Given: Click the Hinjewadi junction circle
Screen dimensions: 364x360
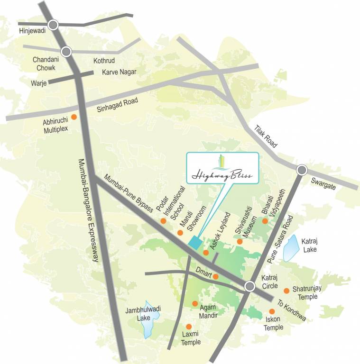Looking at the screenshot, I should (x=53, y=24).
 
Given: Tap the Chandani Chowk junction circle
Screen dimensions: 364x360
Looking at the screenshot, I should (x=66, y=50).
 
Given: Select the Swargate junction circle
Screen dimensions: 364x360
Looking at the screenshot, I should (x=302, y=170).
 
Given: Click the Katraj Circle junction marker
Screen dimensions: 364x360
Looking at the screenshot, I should (x=250, y=286).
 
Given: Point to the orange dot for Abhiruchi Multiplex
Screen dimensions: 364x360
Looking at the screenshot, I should (x=74, y=117).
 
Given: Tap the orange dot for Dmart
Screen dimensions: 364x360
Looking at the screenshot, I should (x=216, y=276).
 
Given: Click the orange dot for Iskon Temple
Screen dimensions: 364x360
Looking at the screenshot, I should (x=272, y=311).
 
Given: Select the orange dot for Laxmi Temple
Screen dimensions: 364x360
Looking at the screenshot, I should (x=189, y=327).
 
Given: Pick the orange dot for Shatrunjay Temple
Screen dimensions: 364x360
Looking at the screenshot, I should (x=286, y=291).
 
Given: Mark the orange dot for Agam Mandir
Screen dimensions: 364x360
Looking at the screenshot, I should (x=194, y=303).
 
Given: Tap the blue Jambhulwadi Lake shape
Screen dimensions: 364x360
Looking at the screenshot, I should (x=148, y=319).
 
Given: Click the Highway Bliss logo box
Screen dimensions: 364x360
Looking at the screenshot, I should (x=222, y=169).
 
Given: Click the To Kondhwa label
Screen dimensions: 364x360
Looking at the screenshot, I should (x=291, y=310).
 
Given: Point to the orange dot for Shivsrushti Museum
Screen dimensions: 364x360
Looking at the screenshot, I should (x=240, y=242).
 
